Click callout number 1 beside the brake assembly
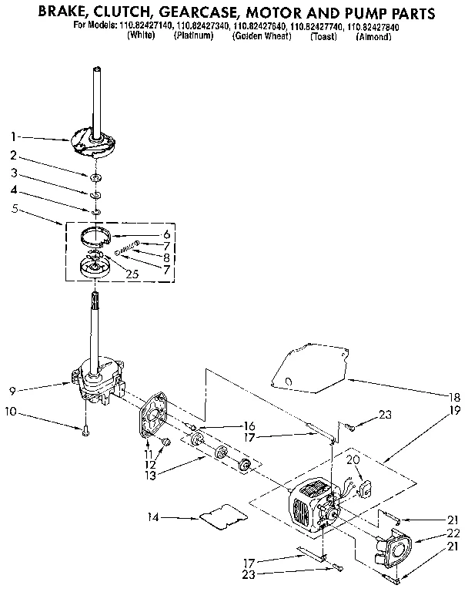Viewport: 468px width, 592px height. pos(14,136)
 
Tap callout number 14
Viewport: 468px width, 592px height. pos(152,517)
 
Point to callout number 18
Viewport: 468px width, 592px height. pos(453,397)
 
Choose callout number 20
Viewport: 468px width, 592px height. pos(353,460)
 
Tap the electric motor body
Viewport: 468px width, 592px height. pos(311,506)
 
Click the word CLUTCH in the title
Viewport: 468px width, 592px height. pos(125,13)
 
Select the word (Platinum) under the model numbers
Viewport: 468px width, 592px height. pos(193,36)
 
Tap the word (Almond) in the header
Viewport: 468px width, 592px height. pos(375,36)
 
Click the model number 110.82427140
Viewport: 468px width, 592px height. pos(145,26)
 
